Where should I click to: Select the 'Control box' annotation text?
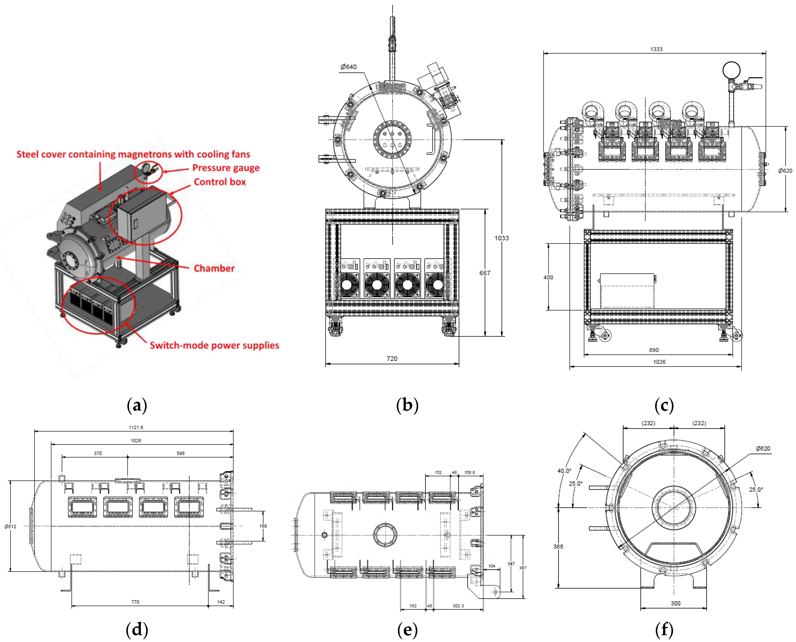(220, 182)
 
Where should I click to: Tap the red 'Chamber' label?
(214, 269)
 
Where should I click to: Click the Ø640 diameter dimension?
(348, 67)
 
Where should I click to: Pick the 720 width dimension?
(392, 359)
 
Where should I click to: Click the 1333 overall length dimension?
(656, 49)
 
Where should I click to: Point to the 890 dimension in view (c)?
(654, 350)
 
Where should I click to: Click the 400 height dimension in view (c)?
(548, 277)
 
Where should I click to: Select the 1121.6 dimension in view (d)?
(136, 428)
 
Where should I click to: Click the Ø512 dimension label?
(10, 526)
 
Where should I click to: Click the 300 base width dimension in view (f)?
(675, 603)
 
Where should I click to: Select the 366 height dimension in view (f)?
(558, 547)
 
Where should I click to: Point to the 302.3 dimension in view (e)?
(458, 606)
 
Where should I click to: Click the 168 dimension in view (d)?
(263, 526)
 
